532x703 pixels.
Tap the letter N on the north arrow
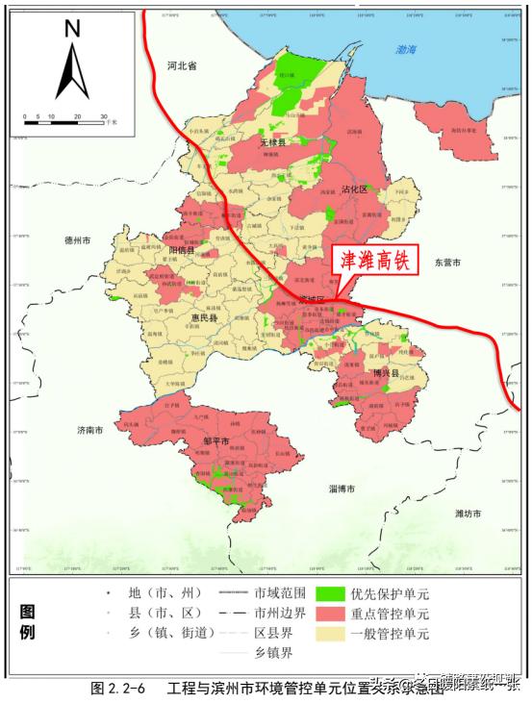[x=71, y=28]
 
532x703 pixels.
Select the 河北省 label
[x=181, y=66]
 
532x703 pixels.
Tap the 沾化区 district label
[x=355, y=189]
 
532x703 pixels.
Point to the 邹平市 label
[x=215, y=441]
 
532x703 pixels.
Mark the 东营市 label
[x=448, y=262]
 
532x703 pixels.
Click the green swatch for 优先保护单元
[x=331, y=593]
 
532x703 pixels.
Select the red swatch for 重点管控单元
[x=331, y=614]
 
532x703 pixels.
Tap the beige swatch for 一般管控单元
[x=331, y=634]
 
